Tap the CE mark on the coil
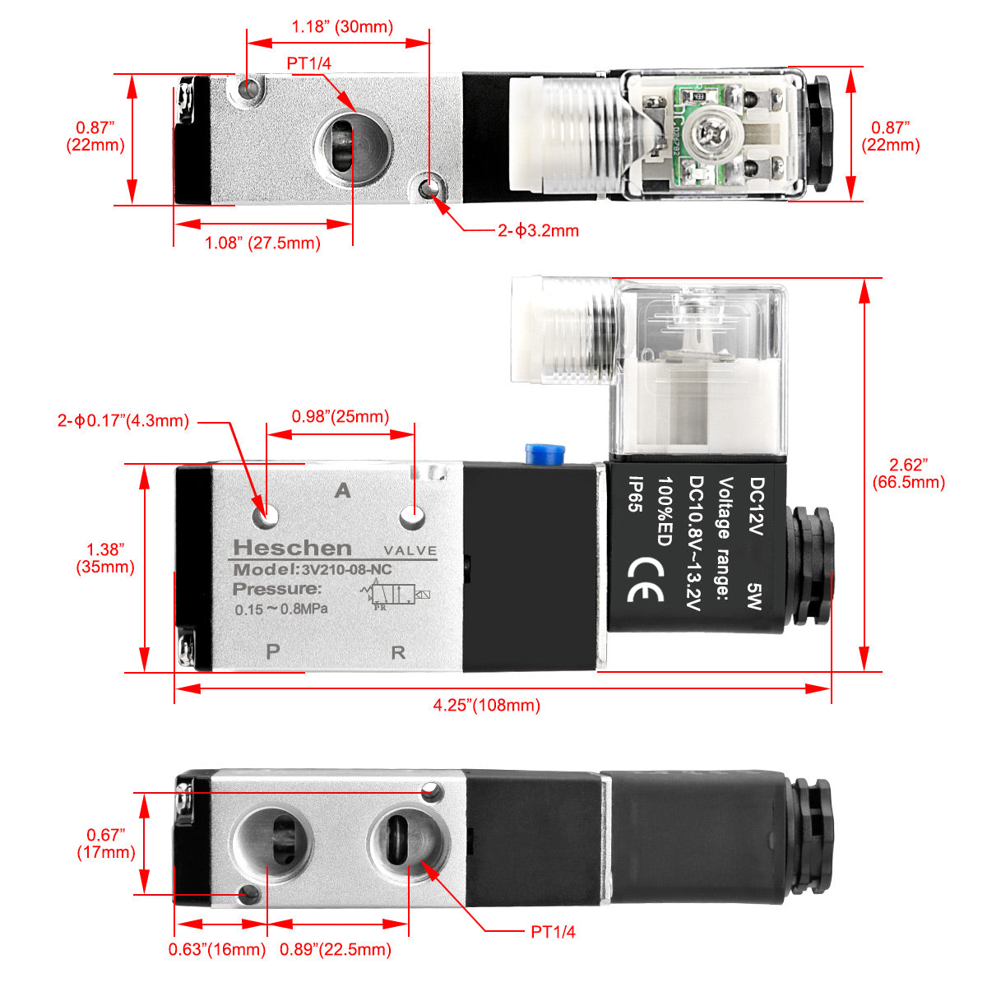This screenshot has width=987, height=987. tap(645, 581)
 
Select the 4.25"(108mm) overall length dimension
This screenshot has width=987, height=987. tap(486, 705)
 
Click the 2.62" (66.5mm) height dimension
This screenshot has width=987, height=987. tap(908, 474)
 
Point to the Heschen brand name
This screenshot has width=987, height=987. tap(292, 548)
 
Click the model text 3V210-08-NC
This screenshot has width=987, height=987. tap(345, 570)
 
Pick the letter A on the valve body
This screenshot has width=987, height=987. tap(343, 491)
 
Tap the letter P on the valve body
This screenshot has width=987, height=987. tap(273, 651)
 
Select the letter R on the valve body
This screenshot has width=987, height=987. tap(398, 653)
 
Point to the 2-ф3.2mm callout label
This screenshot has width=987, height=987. tap(538, 231)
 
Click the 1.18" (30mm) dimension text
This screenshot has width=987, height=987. tap(342, 27)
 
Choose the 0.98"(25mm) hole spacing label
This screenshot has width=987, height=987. tap(341, 417)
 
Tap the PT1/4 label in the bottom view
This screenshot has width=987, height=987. tap(553, 932)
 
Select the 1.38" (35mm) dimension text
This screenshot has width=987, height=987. tap(105, 558)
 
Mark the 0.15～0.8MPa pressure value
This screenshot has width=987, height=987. tap(281, 609)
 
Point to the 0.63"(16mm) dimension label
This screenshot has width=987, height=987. tap(217, 949)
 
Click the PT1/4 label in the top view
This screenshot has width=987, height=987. tap(309, 63)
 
